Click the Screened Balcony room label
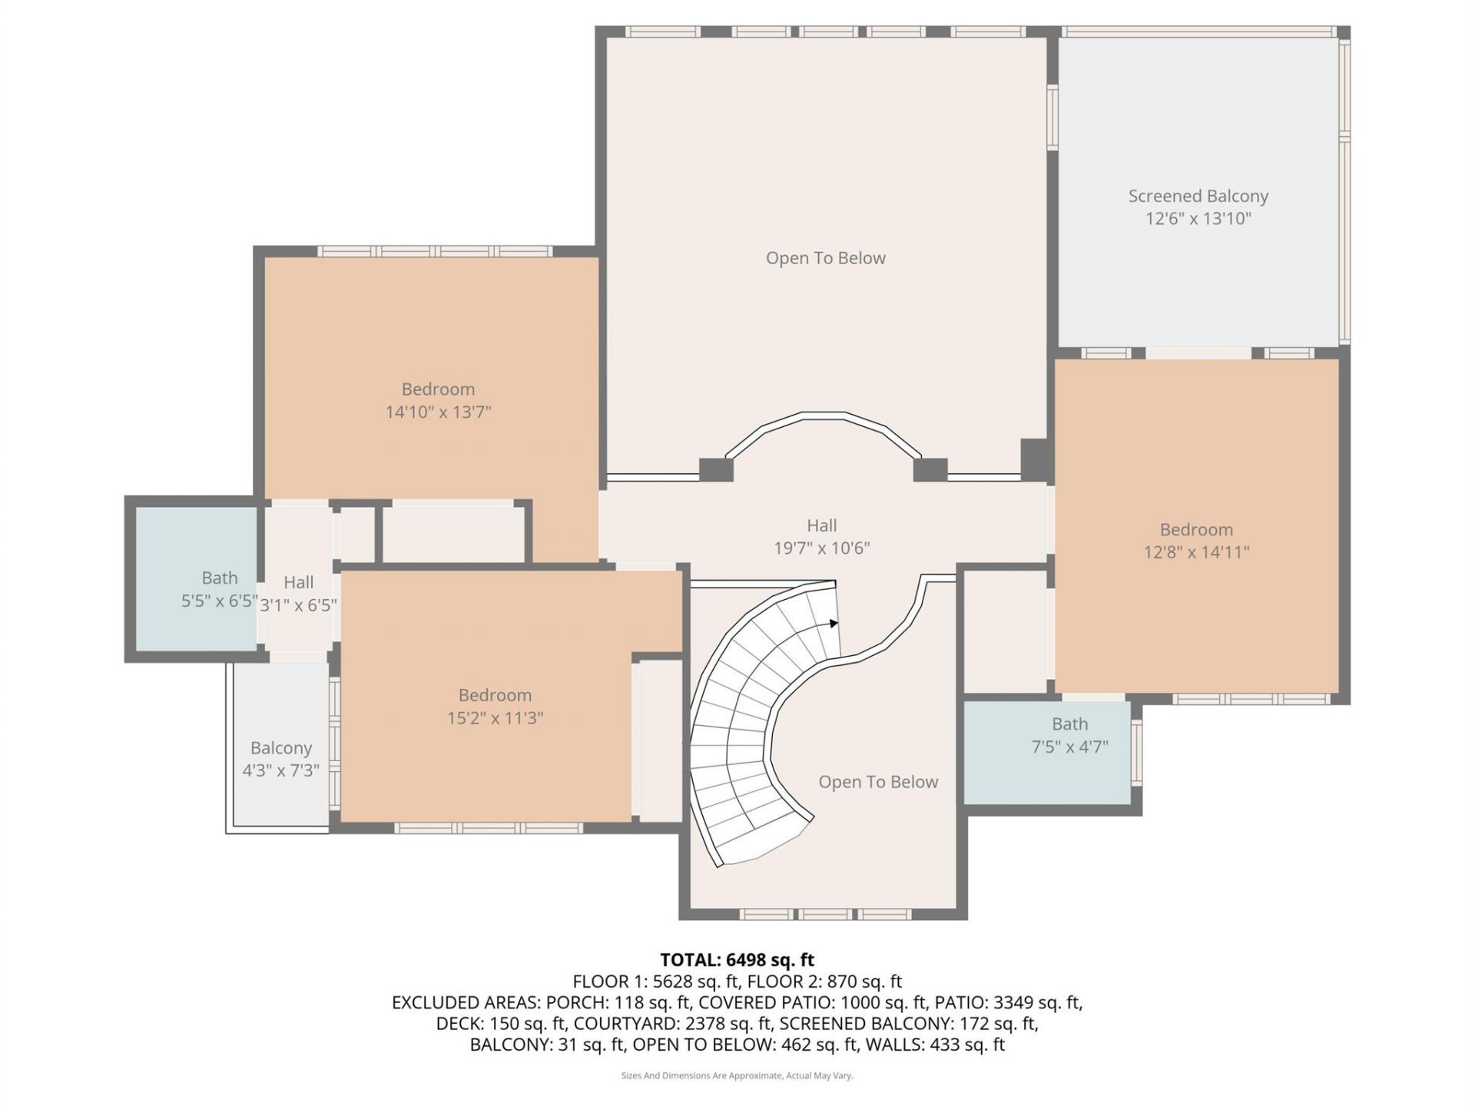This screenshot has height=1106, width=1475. [x=1198, y=197]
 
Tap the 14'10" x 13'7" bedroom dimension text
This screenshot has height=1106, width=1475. [x=438, y=412]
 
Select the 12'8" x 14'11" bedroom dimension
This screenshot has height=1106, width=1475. [x=1196, y=552]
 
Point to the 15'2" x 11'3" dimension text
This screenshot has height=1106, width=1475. [x=495, y=718]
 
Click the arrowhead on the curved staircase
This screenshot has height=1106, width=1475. [x=834, y=623]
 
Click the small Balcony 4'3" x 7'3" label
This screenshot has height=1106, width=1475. [x=281, y=748]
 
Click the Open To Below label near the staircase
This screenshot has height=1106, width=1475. [x=878, y=782]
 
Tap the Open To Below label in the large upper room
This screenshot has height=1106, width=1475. [x=825, y=258]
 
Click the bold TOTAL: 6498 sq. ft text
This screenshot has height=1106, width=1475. [x=737, y=960]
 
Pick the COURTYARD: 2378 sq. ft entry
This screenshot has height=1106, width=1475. [x=672, y=1024]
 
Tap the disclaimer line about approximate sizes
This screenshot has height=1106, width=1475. [x=737, y=1076]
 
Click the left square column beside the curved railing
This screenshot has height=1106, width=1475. [x=716, y=469]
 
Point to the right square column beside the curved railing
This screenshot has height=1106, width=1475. [x=930, y=469]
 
